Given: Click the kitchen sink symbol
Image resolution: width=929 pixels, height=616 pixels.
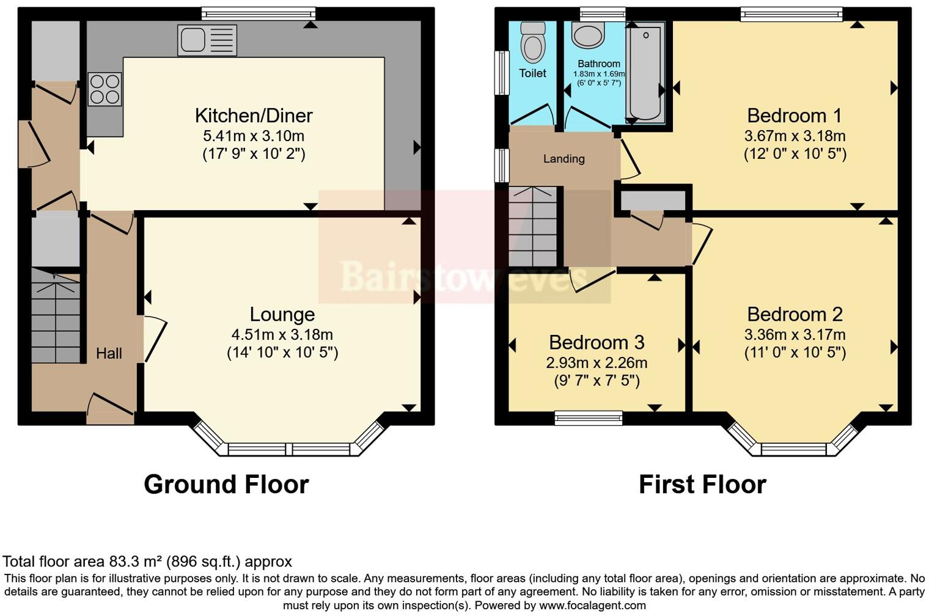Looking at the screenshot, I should coord(207,40).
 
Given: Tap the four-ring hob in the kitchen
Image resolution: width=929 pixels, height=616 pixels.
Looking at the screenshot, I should coord(105,89).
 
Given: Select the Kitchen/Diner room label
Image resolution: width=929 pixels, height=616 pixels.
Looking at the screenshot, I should coord(254,116).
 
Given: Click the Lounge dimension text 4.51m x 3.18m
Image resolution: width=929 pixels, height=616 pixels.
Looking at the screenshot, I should coord(282,334).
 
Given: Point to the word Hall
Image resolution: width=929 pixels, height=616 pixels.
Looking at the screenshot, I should coord(109,353).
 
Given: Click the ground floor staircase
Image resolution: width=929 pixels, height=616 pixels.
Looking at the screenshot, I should coord(56,318).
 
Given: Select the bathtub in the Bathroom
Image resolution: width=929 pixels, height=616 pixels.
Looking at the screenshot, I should coord(645,72).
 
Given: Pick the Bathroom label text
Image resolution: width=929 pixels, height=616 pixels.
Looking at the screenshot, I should coord(599,64).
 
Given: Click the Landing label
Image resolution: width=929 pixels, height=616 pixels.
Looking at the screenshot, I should coord(564,159).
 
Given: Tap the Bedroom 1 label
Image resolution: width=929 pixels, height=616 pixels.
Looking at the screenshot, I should coord(795,116).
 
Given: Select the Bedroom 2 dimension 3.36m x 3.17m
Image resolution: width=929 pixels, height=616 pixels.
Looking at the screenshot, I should coord(795,334).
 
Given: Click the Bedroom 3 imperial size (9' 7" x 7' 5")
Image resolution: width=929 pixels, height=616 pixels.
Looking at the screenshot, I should coord(597,381).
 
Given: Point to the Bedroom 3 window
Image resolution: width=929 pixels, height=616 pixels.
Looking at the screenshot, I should coord(589,418).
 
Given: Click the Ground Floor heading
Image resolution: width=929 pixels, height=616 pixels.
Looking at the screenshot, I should coord(226,484).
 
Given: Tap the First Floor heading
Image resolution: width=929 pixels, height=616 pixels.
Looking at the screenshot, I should coord(702,484).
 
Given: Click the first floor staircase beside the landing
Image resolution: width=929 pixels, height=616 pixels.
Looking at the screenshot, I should coord(532,226).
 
